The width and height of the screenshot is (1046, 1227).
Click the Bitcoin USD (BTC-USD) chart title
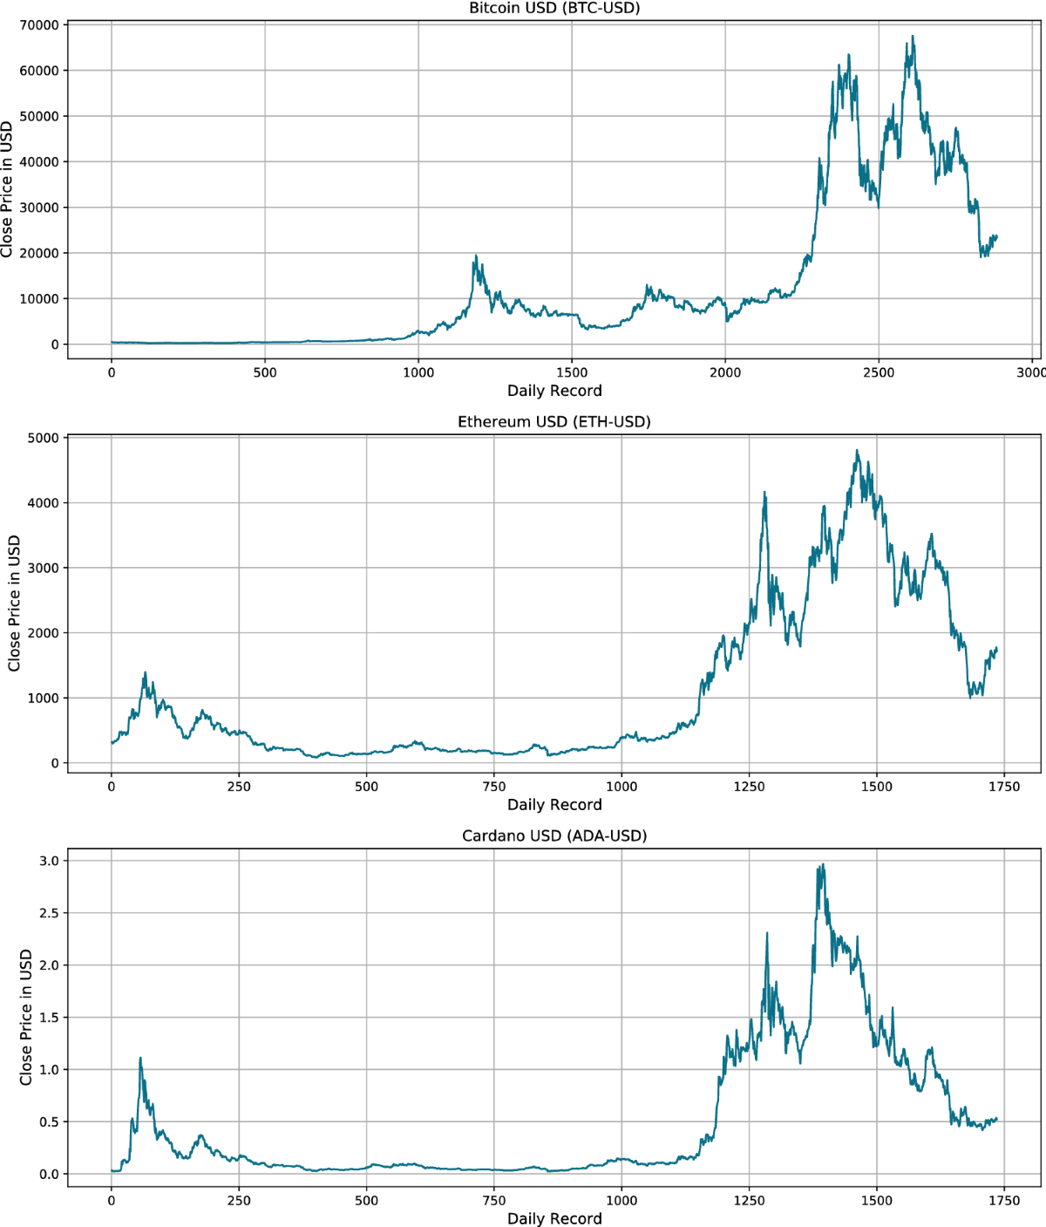[554, 9]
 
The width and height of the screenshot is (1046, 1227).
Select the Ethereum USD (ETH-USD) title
[554, 422]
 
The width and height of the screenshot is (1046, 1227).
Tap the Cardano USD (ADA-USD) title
[554, 835]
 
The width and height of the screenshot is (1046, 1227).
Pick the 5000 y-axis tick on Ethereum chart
[43, 438]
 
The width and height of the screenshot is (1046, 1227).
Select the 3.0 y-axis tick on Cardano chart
[48, 861]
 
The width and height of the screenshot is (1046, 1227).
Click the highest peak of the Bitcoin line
[913, 37]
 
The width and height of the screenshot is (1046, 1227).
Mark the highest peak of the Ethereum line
[857, 451]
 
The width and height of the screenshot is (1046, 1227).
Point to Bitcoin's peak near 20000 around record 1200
[476, 256]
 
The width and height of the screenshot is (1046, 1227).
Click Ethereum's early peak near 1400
[145, 672]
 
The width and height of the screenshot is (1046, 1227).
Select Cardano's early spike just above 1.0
[140, 1059]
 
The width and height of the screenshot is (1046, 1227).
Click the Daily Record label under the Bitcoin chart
[554, 391]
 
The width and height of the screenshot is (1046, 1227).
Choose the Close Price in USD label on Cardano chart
[26, 1017]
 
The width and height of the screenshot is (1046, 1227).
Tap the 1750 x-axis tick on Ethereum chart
[1004, 787]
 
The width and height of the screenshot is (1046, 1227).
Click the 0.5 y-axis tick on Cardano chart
[48, 1121]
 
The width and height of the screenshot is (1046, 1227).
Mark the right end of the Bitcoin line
[996, 236]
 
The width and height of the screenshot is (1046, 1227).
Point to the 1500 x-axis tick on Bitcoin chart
[572, 372]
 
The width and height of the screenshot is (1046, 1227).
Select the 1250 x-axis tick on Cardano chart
[749, 1200]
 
